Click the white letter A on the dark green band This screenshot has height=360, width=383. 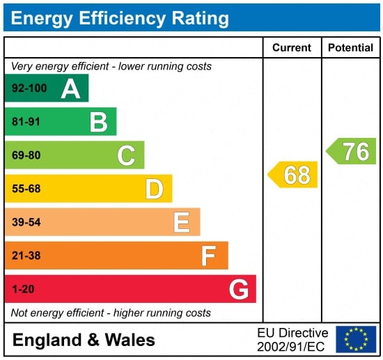(70, 89)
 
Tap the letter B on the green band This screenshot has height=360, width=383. (99, 122)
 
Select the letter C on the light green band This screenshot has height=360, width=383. (126, 155)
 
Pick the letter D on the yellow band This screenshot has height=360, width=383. (155, 189)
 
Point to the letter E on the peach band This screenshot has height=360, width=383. (182, 222)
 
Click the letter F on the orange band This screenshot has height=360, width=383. (209, 256)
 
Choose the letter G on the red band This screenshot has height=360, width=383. (239, 290)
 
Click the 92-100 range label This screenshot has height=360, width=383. (29, 88)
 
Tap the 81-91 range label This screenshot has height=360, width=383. (26, 122)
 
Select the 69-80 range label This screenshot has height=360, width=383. (26, 155)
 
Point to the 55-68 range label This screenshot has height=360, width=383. (26, 189)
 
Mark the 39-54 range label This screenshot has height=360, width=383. (26, 222)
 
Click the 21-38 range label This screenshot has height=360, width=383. (26, 256)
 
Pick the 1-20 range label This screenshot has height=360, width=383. (23, 289)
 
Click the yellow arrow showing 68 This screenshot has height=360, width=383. (292, 175)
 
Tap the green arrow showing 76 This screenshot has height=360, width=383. (351, 151)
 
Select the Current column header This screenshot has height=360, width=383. (292, 47)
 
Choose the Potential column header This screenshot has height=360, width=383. (350, 47)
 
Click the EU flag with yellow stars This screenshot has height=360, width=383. (356, 339)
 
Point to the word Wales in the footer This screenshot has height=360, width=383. (130, 340)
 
